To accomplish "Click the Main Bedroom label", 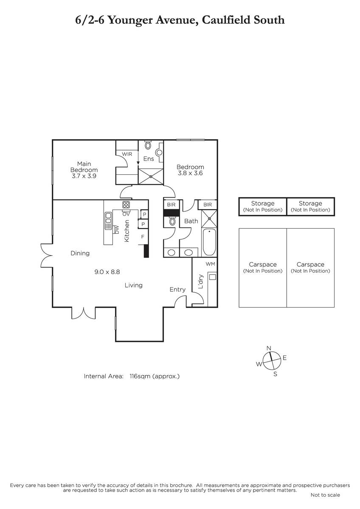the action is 84,167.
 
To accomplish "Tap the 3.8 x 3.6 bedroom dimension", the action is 190,173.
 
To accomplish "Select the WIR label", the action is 127,154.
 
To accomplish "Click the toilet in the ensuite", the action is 148,145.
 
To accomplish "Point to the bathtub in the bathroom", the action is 209,242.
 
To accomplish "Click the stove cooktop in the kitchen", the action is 126,205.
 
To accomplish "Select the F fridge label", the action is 143,237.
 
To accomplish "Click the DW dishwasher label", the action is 117,230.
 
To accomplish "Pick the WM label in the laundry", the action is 211,264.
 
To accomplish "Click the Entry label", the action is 177,290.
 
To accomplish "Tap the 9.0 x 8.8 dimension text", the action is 107,272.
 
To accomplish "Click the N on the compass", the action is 269,348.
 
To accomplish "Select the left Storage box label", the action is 263,206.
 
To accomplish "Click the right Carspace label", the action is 310,268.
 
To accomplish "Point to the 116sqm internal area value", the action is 140,376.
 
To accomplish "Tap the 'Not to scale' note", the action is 325,495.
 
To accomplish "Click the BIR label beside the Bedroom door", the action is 171,204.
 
